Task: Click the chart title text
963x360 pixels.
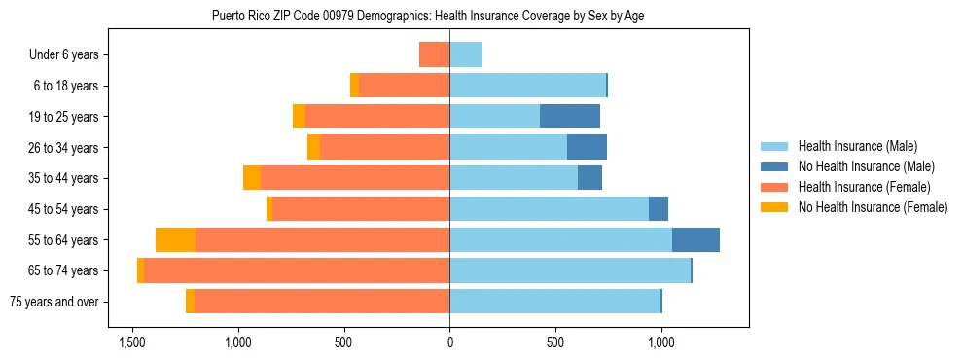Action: (x=428, y=16)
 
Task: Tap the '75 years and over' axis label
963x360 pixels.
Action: (x=54, y=302)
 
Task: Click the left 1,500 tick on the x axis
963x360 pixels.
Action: (x=132, y=342)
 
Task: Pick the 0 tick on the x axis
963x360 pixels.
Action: (x=449, y=342)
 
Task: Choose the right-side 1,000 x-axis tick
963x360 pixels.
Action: (x=661, y=342)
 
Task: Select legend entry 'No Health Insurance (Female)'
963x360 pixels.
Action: (x=873, y=207)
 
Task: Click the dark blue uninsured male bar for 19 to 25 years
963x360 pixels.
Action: (x=570, y=117)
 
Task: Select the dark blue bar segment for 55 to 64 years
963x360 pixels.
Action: (x=695, y=240)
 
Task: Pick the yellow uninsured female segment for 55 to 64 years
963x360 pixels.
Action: (x=175, y=240)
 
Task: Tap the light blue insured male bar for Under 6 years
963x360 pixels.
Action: (x=466, y=55)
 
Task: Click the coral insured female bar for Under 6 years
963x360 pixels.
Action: (x=434, y=55)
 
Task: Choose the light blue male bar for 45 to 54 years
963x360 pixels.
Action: (x=549, y=209)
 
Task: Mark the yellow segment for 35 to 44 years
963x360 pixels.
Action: (x=252, y=178)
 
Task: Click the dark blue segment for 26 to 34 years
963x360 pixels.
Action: (x=587, y=148)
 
